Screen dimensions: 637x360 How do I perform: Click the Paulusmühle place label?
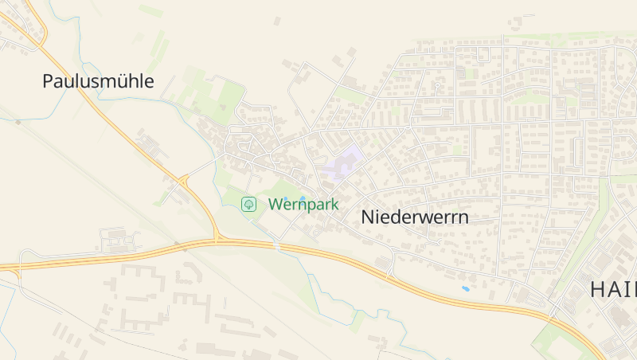(x=98, y=81)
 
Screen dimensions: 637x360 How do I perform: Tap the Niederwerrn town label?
(x=414, y=217)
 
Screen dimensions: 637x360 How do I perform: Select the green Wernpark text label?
(x=303, y=205)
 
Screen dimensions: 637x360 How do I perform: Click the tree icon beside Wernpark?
(x=249, y=205)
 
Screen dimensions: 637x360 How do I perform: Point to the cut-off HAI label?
(x=612, y=290)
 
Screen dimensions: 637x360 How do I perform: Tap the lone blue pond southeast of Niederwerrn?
(x=465, y=288)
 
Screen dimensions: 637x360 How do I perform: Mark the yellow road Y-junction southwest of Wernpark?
(x=216, y=237)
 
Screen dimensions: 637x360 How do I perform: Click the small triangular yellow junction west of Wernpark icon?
(x=185, y=181)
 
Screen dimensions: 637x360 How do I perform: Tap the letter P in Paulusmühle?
(x=48, y=81)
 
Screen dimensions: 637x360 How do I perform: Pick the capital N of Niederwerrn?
(x=369, y=217)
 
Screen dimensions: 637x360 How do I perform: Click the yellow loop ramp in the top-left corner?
(x=36, y=24)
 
